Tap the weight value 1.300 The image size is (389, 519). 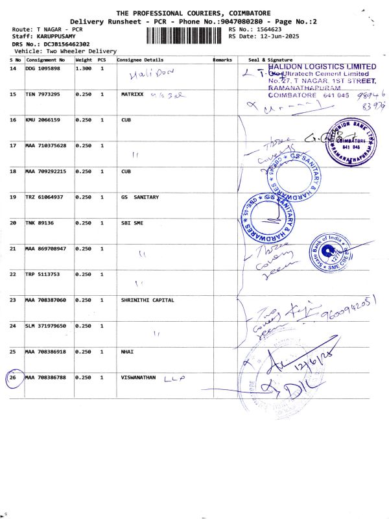[82, 68]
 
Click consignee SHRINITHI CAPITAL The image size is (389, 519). [148, 300]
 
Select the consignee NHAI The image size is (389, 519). [127, 351]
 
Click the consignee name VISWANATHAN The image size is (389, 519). [139, 377]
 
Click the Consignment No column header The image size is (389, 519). [45, 60]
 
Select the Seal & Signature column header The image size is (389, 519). [266, 60]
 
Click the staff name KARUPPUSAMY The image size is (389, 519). [54, 36]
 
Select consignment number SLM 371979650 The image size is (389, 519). [45, 326]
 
